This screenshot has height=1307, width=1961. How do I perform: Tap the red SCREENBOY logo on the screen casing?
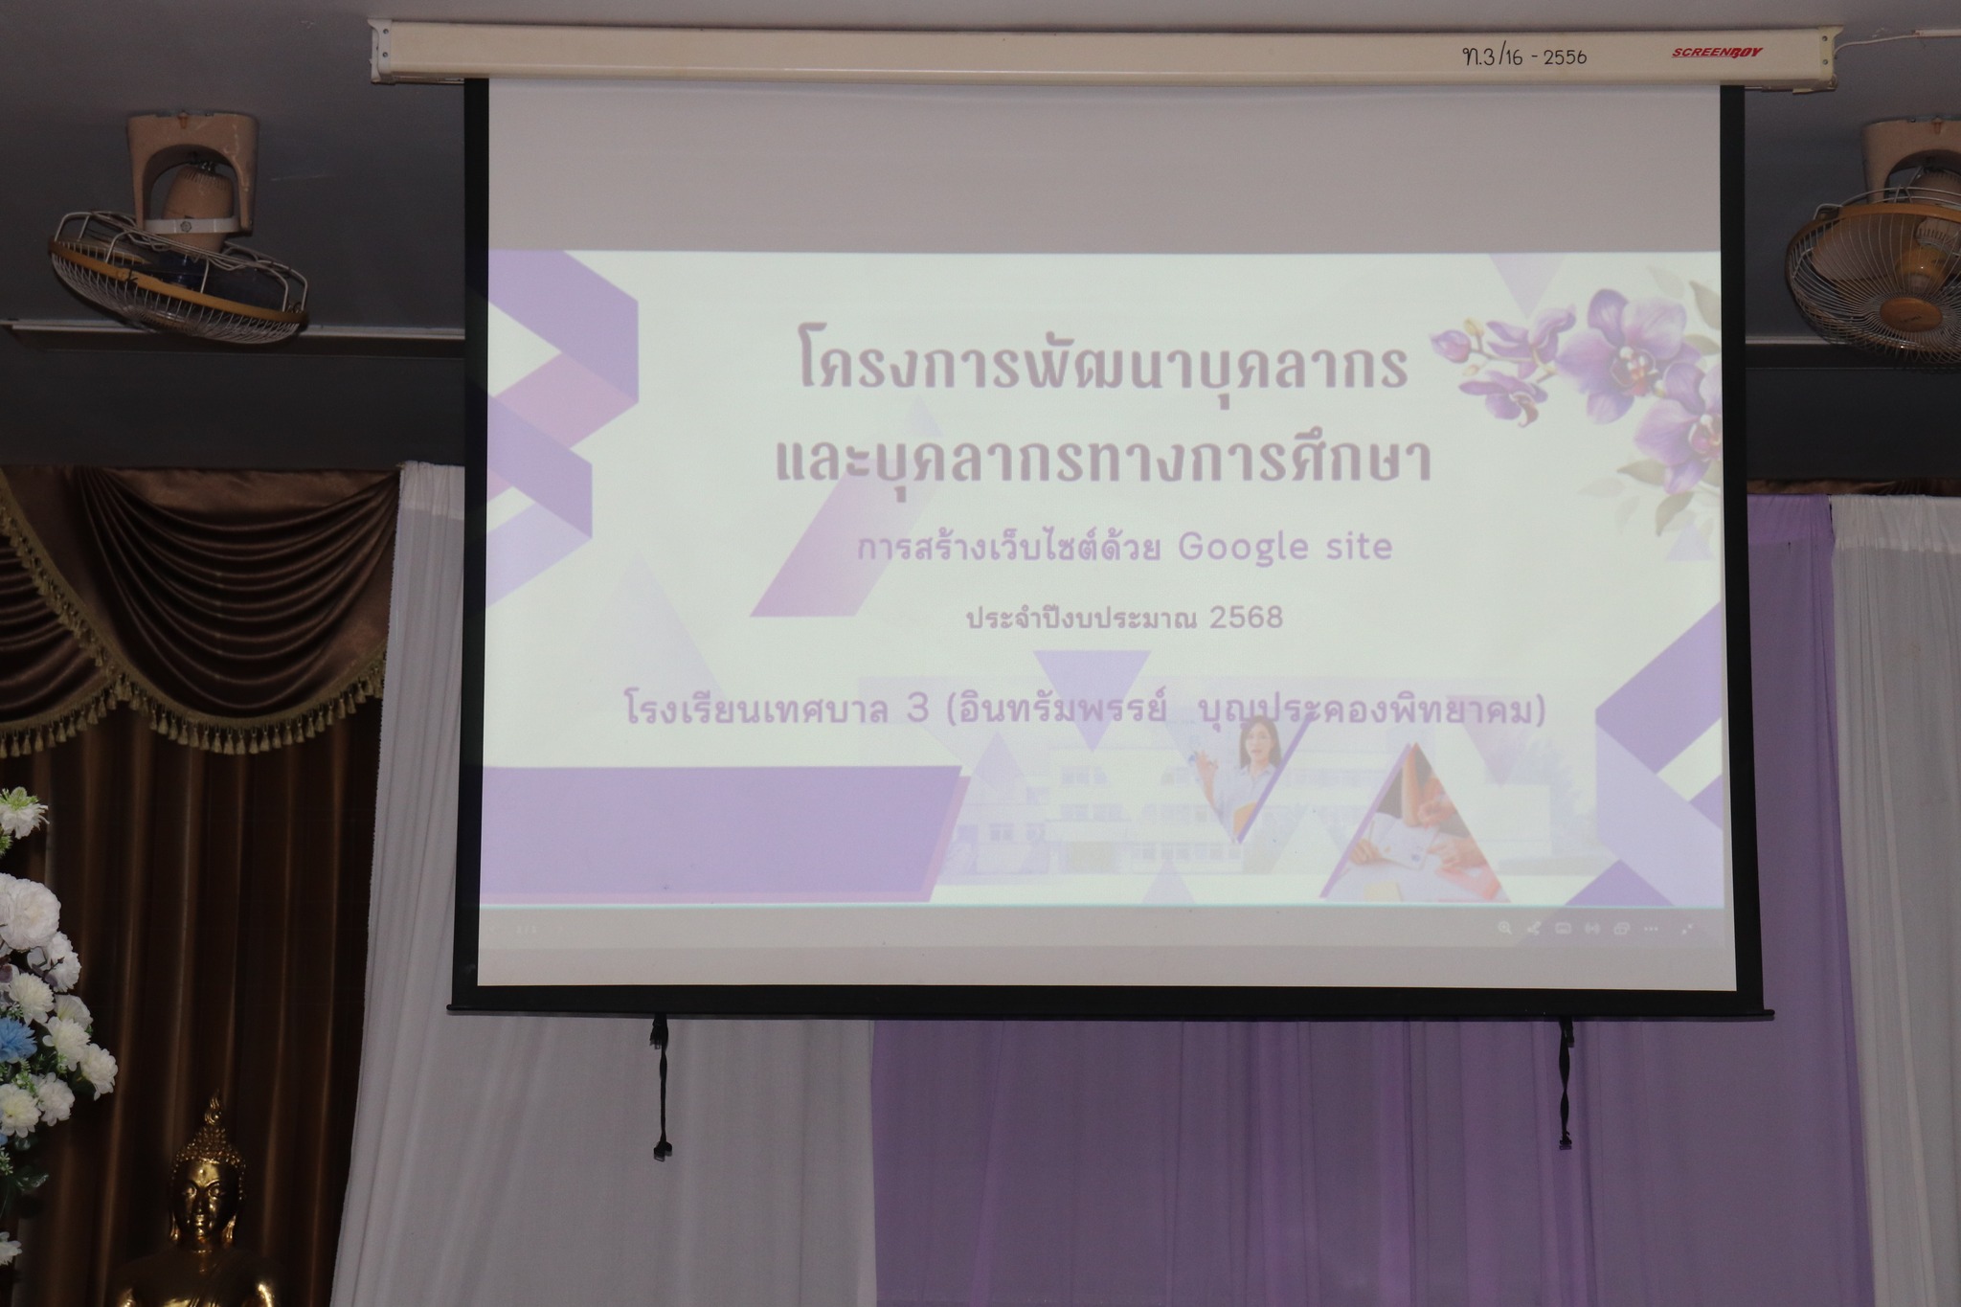click(1717, 53)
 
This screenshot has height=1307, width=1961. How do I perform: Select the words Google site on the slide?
click(1284, 547)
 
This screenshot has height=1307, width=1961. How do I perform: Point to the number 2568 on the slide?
click(1246, 618)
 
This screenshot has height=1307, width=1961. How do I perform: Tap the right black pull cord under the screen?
click(1566, 1082)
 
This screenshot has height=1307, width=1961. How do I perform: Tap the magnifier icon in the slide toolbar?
click(1504, 927)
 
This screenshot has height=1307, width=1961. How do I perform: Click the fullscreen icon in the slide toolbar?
click(1688, 928)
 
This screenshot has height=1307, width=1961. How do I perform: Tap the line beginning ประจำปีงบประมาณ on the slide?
click(1124, 619)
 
